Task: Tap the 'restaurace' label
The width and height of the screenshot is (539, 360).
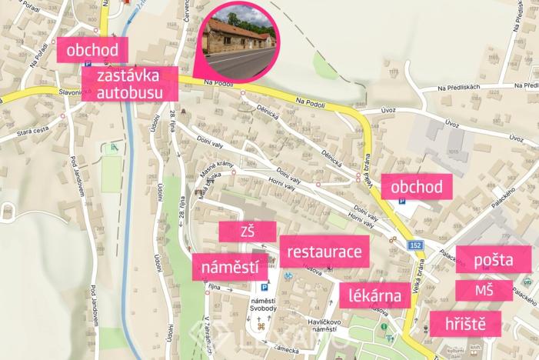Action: click(x=324, y=252)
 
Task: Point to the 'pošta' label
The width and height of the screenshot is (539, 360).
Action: click(x=493, y=259)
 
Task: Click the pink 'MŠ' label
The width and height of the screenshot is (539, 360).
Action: click(x=483, y=290)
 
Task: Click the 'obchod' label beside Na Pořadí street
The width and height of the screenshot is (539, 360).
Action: click(x=92, y=50)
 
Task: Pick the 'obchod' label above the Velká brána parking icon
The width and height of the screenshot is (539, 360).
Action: click(x=416, y=187)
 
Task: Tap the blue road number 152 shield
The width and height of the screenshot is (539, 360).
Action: click(x=416, y=245)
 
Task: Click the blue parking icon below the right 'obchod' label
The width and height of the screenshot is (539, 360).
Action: click(x=401, y=201)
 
